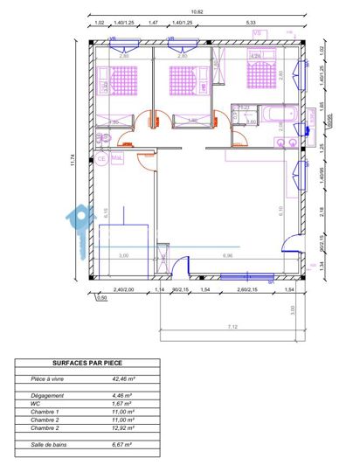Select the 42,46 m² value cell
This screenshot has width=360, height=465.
point(123,379)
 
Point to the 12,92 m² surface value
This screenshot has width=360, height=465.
point(123,427)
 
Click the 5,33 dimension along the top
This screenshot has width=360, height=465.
point(251,22)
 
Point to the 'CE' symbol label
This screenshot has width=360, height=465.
point(101,159)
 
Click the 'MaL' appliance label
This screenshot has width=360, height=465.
point(116,159)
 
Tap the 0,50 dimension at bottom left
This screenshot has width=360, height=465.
point(101,298)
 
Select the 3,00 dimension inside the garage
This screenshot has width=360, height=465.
point(124,255)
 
